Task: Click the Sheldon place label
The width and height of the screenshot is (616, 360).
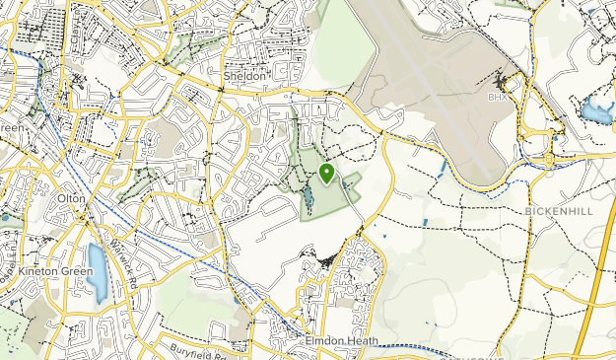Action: tap(244, 76)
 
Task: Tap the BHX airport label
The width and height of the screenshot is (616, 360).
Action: tap(495, 98)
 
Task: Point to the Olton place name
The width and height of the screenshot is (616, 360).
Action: tap(74, 198)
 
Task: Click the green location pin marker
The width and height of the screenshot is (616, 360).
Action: tap(327, 175)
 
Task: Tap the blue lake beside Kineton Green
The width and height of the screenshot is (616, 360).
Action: tap(97, 271)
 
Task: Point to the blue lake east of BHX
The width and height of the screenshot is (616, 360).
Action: tap(596, 110)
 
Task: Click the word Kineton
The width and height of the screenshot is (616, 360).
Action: tap(38, 270)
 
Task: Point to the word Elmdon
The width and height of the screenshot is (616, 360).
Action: tap(321, 339)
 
